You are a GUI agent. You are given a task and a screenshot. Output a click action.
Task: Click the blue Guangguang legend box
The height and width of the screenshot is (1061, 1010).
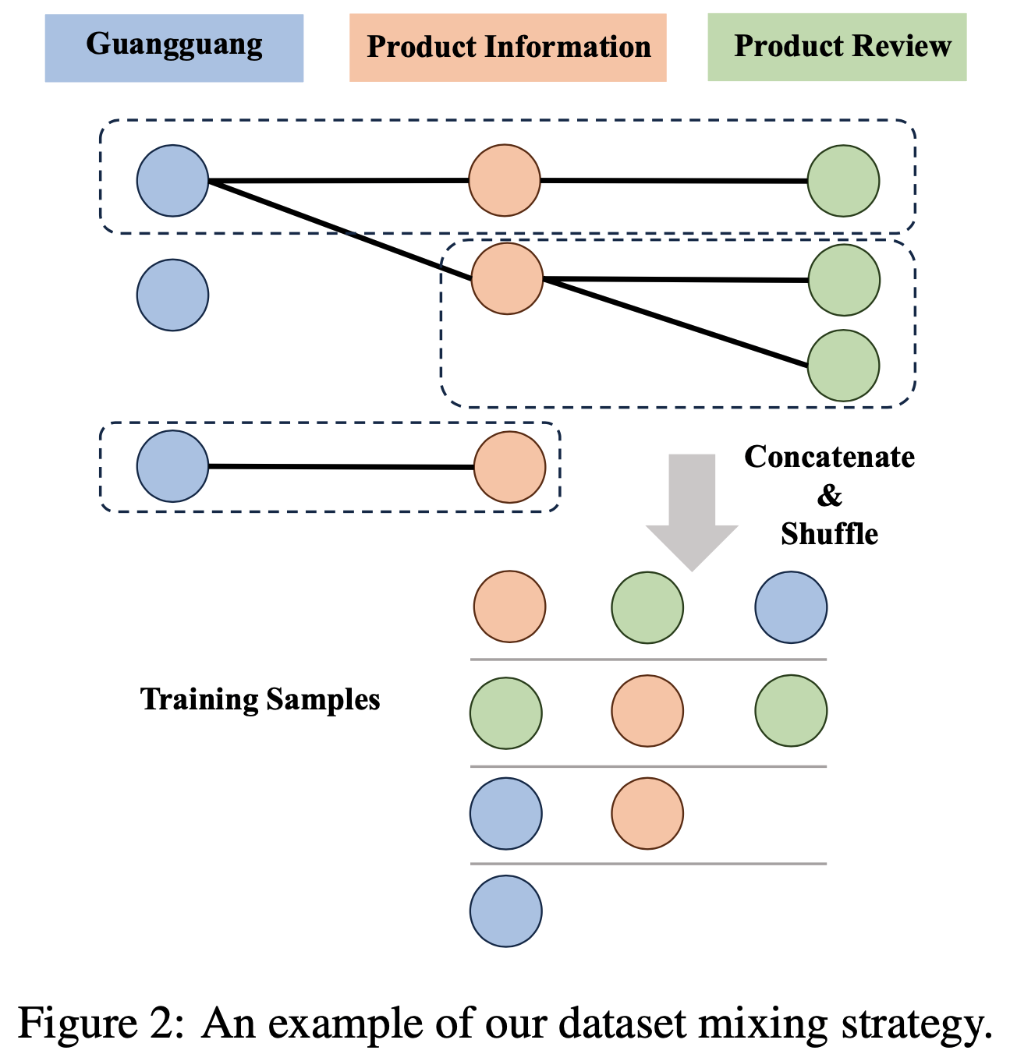point(174,46)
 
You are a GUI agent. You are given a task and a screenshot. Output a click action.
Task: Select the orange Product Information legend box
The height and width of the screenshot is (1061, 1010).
point(508,47)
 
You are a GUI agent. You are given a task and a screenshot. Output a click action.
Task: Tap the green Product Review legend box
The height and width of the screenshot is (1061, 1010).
point(837,47)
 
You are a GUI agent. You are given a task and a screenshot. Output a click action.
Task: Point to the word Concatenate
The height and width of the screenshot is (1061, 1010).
point(829,457)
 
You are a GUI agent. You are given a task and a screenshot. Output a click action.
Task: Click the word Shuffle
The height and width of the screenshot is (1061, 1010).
point(829,534)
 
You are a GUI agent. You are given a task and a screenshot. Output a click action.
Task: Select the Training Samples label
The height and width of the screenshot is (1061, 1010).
point(260,699)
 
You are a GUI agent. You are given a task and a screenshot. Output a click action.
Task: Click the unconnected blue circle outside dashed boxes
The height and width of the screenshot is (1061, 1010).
point(172,295)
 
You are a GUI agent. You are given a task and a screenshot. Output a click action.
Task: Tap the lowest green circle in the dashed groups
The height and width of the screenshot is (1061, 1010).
point(843,365)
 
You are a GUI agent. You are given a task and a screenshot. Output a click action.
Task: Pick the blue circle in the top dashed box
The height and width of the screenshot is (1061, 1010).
point(172,181)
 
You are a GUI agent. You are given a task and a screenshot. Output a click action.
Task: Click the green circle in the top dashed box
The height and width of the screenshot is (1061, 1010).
point(843,181)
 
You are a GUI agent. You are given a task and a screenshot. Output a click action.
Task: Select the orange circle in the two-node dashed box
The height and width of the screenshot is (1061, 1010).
point(509,467)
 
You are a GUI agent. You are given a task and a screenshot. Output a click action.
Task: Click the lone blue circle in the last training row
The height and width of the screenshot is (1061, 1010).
point(505,911)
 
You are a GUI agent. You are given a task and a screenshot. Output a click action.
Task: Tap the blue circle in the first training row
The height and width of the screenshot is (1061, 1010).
point(791,607)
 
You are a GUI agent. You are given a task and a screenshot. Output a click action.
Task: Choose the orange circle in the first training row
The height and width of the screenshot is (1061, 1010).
point(509,607)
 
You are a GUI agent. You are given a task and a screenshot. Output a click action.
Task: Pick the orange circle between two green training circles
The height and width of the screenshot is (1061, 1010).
point(647,711)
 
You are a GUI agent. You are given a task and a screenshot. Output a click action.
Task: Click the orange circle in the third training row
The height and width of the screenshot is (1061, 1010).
point(647,813)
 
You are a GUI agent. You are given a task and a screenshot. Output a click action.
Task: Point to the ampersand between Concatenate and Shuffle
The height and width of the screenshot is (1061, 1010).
point(829,496)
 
